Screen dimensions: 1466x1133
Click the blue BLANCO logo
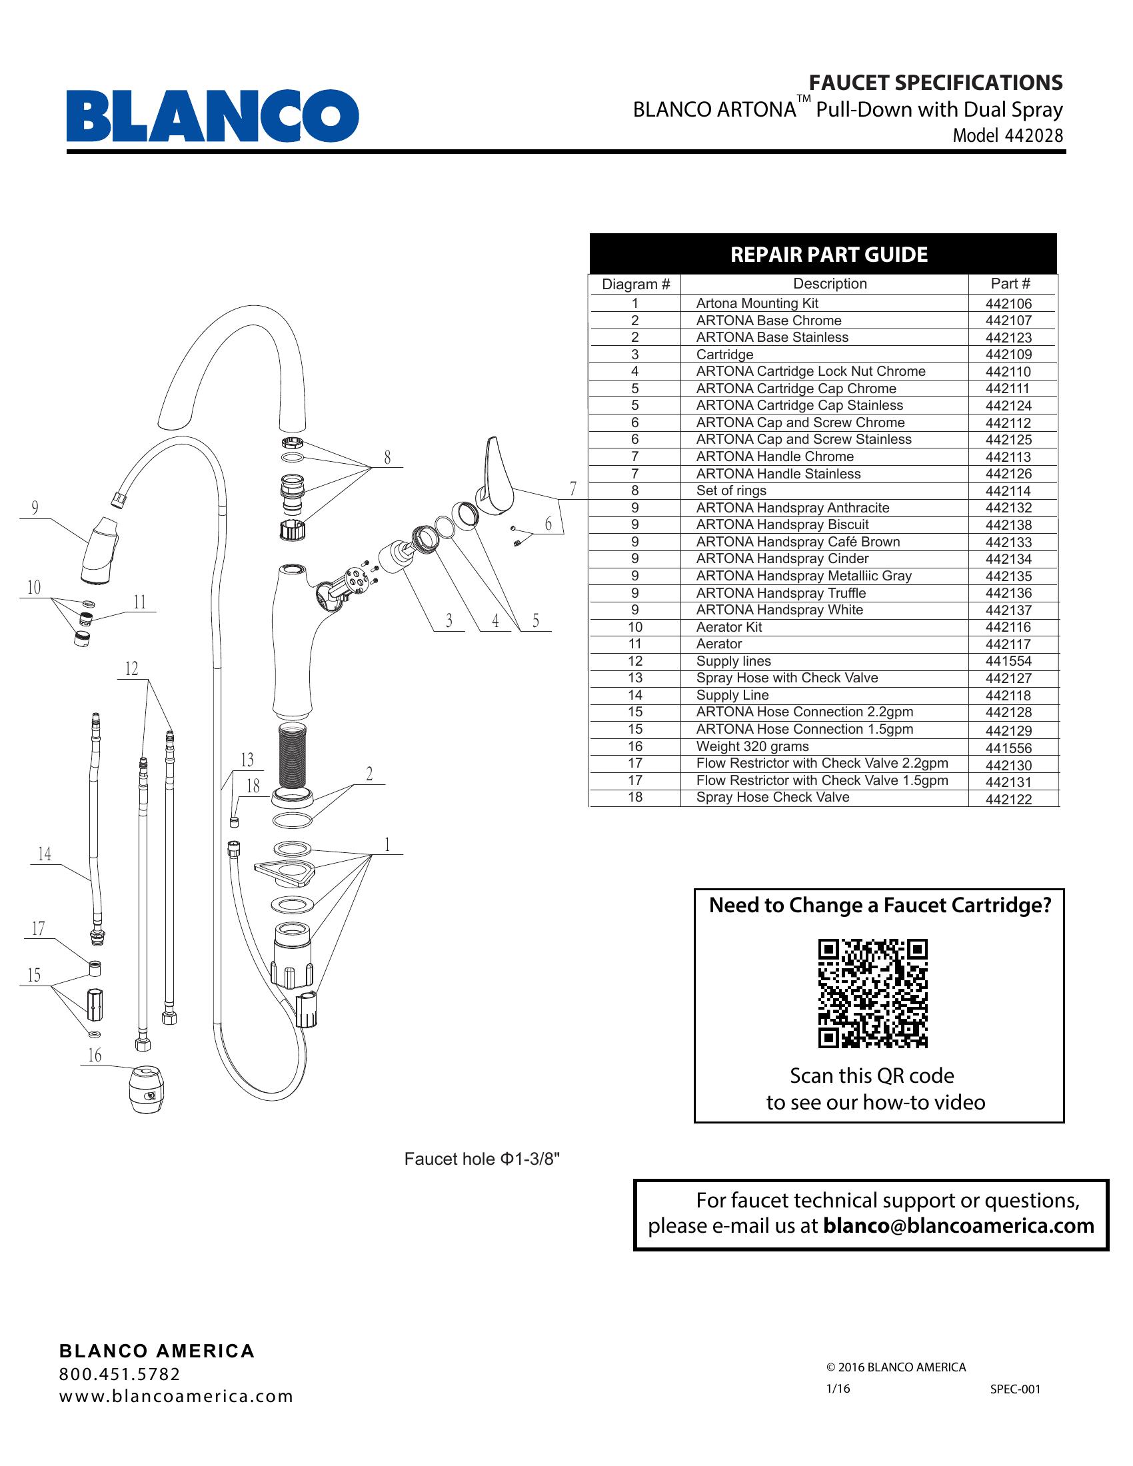click(212, 115)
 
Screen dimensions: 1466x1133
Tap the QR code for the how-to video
click(872, 994)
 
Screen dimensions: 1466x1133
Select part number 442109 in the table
click(1008, 355)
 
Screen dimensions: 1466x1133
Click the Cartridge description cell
click(724, 355)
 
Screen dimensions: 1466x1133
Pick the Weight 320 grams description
click(752, 746)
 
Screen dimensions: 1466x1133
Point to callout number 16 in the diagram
click(95, 1056)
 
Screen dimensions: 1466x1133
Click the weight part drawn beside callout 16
click(146, 1089)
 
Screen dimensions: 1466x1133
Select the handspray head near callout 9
click(101, 549)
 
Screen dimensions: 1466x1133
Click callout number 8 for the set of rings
click(387, 458)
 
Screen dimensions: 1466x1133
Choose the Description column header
click(830, 284)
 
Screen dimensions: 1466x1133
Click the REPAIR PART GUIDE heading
click(828, 255)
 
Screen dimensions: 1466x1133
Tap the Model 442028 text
click(1008, 135)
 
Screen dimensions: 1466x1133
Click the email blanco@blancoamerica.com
click(958, 1225)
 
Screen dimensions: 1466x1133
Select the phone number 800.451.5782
click(119, 1374)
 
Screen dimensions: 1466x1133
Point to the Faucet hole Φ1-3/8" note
click(481, 1159)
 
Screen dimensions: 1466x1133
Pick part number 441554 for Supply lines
click(1008, 661)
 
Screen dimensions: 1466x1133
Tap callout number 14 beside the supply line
click(44, 854)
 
